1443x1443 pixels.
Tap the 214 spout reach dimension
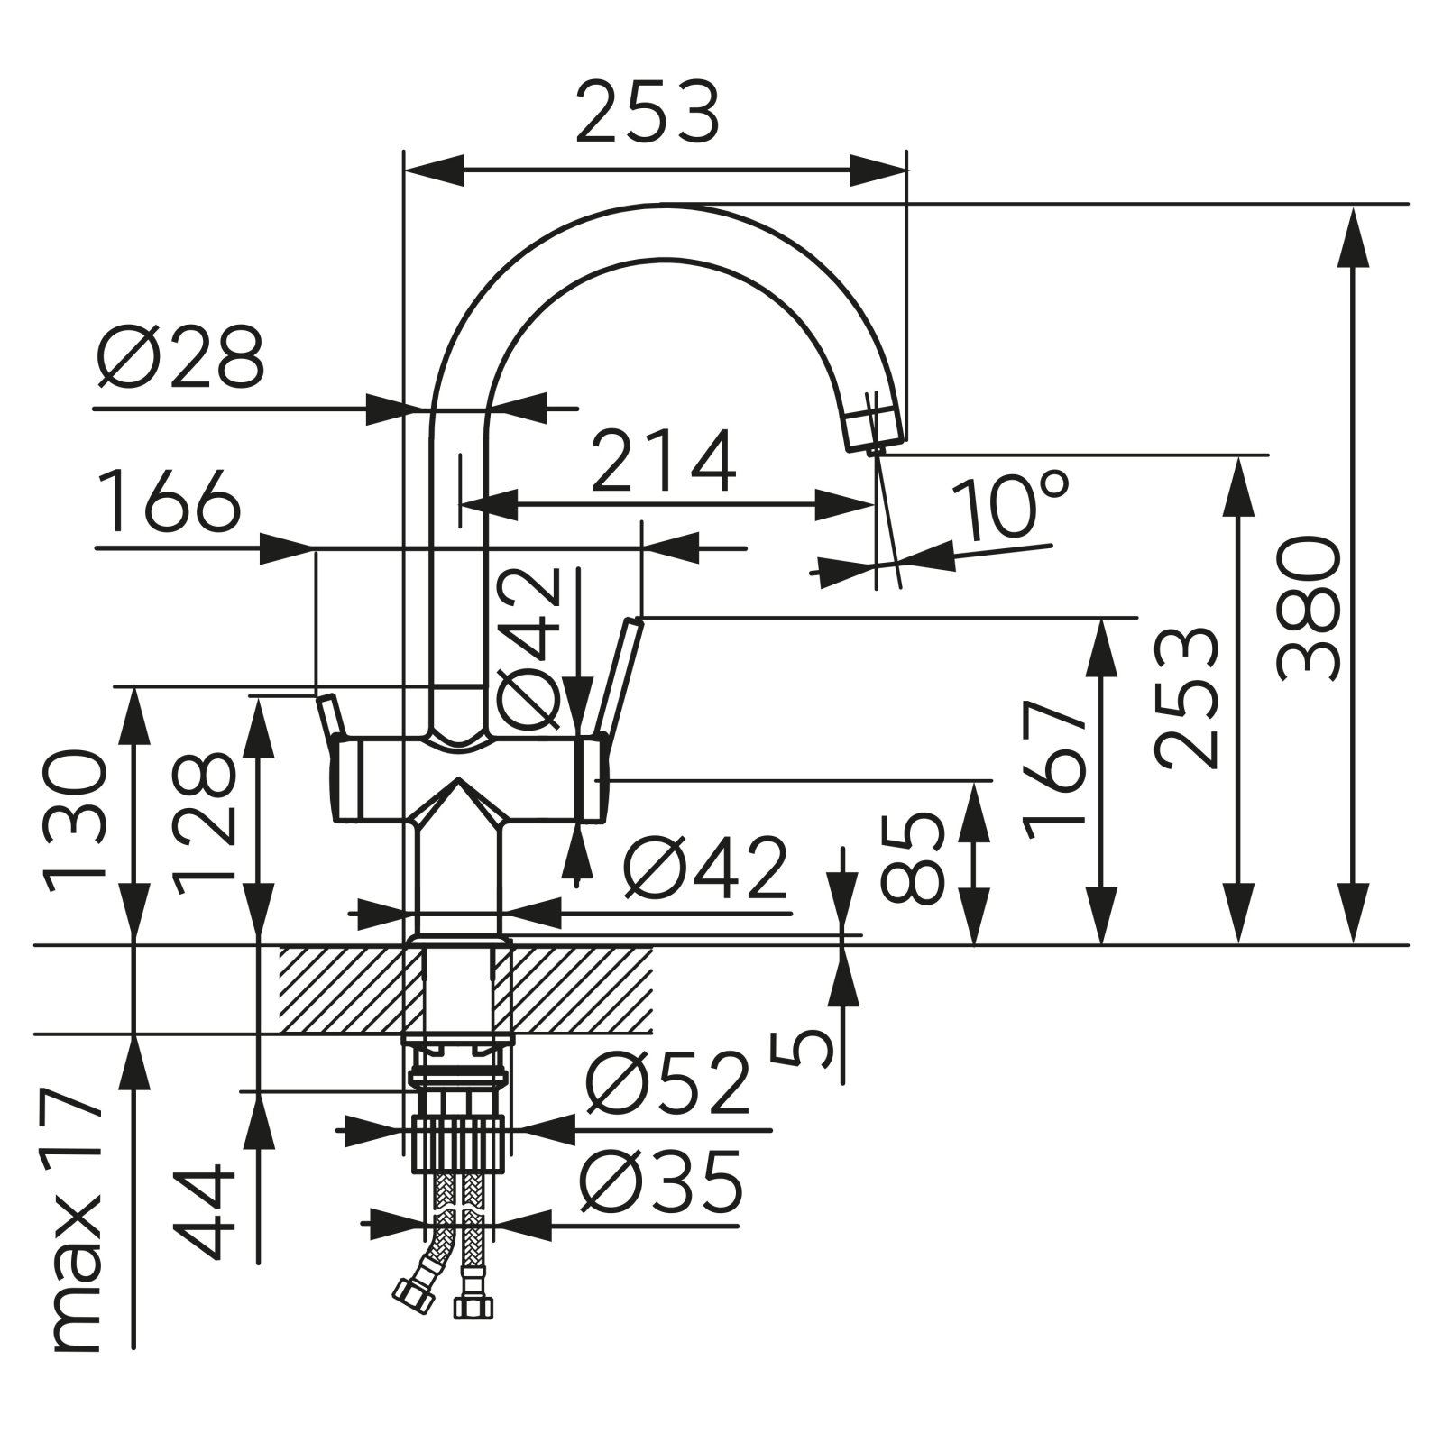663,462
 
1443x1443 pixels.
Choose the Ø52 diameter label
667,1082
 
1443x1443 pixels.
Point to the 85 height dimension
911,857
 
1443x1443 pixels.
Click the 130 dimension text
77,821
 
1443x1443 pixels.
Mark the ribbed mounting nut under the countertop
459,1144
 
